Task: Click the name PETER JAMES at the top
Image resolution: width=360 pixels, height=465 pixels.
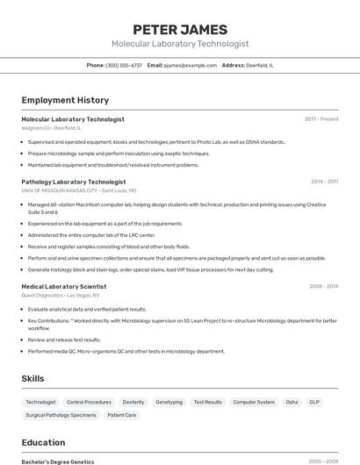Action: (180, 29)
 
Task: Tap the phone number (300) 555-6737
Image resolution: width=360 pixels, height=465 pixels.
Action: (124, 65)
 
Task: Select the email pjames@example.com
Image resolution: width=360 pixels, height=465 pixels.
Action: (191, 65)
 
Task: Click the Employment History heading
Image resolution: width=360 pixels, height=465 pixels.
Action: (65, 100)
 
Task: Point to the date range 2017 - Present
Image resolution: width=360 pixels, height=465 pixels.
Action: (321, 118)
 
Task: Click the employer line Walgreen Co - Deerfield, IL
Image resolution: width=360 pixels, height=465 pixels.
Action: (51, 128)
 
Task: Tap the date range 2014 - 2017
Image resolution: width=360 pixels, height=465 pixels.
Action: (324, 182)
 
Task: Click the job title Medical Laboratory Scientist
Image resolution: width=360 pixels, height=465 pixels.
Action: (64, 286)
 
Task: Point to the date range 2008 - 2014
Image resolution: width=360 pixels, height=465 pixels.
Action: (323, 286)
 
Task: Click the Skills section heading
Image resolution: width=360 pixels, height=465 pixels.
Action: (33, 378)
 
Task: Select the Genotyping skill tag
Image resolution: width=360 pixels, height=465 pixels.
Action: (169, 402)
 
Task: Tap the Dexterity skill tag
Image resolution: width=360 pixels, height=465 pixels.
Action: (133, 402)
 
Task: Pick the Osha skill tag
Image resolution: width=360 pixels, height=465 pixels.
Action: (292, 402)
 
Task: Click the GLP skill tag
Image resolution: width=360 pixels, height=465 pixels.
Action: (314, 402)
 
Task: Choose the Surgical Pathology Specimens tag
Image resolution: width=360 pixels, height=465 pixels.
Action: (61, 415)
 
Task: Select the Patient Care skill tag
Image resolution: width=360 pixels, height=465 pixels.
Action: (121, 415)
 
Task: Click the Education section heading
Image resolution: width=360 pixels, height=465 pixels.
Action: (43, 442)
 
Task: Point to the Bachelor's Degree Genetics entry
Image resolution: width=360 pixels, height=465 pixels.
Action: (58, 461)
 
